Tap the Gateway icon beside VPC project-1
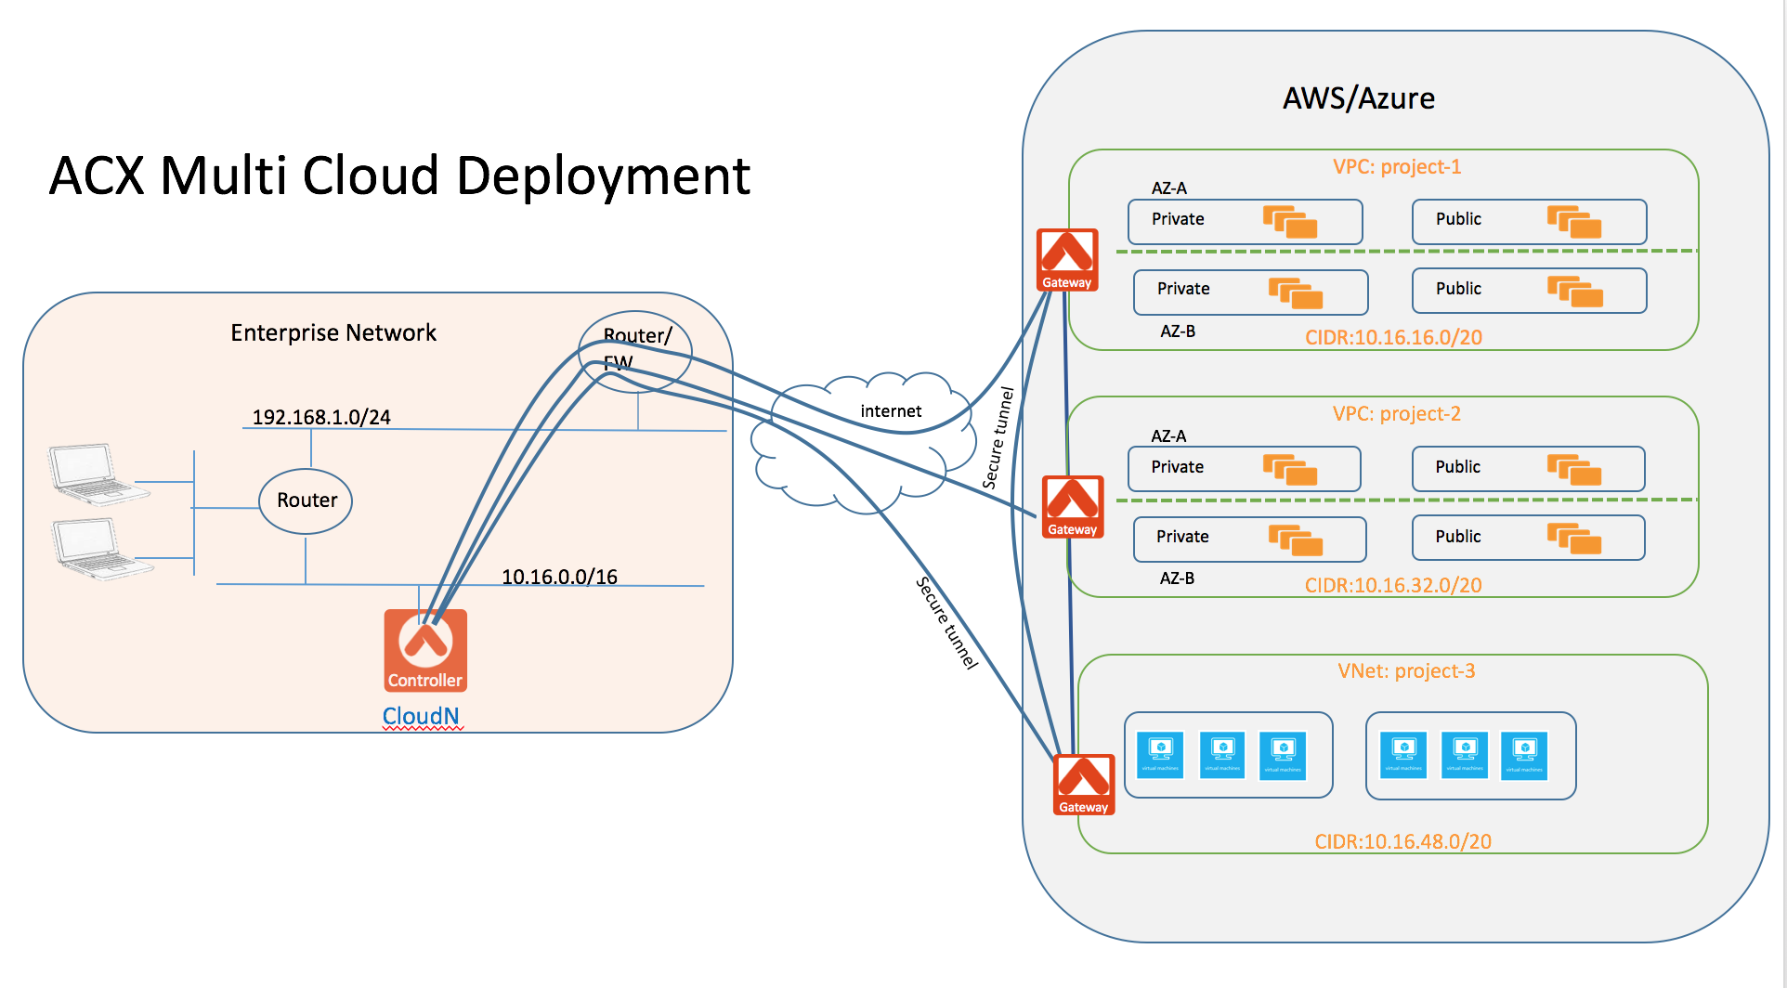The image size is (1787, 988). (1067, 260)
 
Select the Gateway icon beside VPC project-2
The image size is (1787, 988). (1073, 507)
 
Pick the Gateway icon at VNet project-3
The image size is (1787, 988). (1084, 785)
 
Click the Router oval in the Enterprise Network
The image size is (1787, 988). (306, 500)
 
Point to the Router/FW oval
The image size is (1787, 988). (635, 350)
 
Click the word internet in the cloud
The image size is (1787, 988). (891, 411)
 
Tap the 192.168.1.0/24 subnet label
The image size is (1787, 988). (321, 417)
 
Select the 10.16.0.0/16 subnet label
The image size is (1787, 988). (559, 577)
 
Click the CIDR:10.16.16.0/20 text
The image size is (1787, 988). (1393, 337)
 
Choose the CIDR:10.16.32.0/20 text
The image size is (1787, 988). (1393, 585)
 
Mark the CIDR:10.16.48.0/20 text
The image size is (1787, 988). (1402, 841)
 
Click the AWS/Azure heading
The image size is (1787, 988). (1359, 98)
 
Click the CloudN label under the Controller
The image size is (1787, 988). (421, 716)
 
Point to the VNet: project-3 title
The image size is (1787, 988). (1406, 670)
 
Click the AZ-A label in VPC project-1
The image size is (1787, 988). (1168, 188)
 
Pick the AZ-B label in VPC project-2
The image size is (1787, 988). (1177, 578)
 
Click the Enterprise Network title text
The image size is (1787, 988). (333, 332)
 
